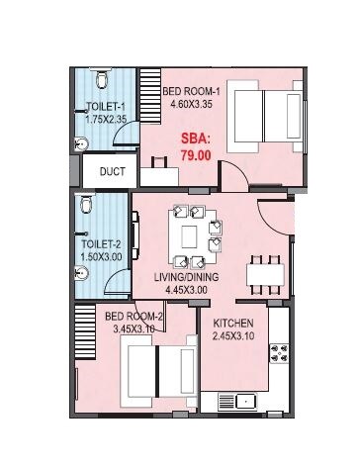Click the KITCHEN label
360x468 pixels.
(233, 324)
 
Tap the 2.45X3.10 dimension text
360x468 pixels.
(233, 336)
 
